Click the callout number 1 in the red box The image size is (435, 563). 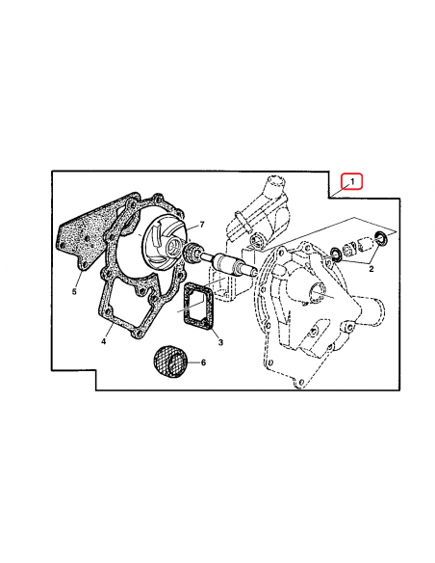coord(353,181)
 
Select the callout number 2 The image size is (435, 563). coord(371,271)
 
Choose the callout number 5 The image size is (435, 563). coord(74,288)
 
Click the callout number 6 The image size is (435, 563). coord(203,362)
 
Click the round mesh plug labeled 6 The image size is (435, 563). coord(170,362)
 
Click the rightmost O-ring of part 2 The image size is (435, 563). coord(383,238)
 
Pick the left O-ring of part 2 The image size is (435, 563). coord(336,254)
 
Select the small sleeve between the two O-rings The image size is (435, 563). coord(360,245)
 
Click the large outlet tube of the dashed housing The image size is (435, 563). coord(366,313)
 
